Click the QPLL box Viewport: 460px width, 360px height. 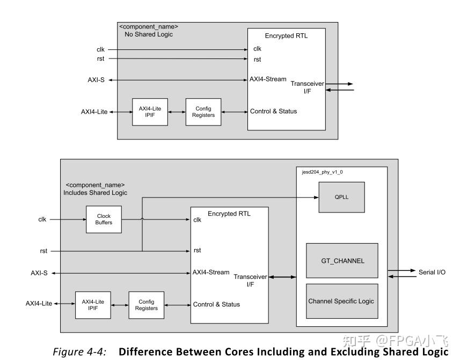pyautogui.click(x=341, y=197)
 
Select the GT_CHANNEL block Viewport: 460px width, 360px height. pyautogui.click(x=341, y=261)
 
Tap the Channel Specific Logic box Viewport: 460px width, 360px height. pyautogui.click(x=341, y=301)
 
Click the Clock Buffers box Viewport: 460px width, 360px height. pyautogui.click(x=104, y=219)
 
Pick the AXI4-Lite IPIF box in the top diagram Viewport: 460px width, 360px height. pyautogui.click(x=150, y=112)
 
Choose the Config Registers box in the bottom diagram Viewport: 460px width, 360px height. pyautogui.click(x=146, y=305)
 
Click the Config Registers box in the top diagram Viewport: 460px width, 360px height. pyautogui.click(x=203, y=112)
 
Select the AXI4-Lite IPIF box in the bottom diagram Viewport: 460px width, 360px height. pyautogui.click(x=93, y=305)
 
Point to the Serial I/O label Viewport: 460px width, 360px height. pyautogui.click(x=432, y=273)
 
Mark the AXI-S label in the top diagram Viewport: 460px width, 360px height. pyautogui.click(x=96, y=80)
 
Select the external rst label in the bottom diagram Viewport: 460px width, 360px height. pyautogui.click(x=43, y=251)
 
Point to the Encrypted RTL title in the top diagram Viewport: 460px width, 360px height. pyautogui.click(x=286, y=36)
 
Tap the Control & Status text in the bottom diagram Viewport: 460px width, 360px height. pyautogui.click(x=216, y=305)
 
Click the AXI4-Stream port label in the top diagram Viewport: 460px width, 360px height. pyautogui.click(x=268, y=79)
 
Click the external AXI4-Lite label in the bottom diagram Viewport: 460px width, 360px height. pyautogui.click(x=39, y=304)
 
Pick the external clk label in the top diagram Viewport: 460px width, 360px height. pyautogui.click(x=100, y=50)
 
